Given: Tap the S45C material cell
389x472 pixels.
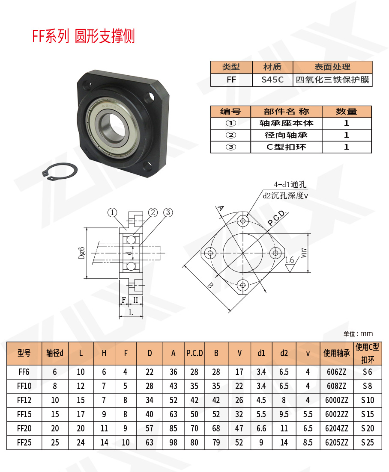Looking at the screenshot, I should tap(272, 80).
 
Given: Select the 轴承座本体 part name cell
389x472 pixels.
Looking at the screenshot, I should tap(286, 123).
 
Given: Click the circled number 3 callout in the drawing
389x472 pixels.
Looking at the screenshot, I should tap(168, 212).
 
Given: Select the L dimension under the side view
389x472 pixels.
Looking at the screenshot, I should tap(131, 313).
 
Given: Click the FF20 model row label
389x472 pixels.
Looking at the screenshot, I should tap(24, 428).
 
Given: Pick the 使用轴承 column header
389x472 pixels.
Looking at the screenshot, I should tap(336, 353).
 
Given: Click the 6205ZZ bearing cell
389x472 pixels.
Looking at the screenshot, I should tap(336, 442).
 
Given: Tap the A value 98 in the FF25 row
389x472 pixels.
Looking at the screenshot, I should tap(173, 442).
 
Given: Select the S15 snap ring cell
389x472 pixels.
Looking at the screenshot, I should tap(367, 414).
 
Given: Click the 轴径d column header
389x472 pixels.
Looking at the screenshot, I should tap(55, 353).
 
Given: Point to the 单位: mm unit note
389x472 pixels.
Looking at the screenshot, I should tap(358, 333).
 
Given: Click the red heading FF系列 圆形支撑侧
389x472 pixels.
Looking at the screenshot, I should tap(84, 37).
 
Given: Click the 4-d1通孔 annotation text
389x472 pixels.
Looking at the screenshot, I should tap(291, 185).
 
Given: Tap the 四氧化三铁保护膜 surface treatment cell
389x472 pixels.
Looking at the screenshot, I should tap(332, 80).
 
